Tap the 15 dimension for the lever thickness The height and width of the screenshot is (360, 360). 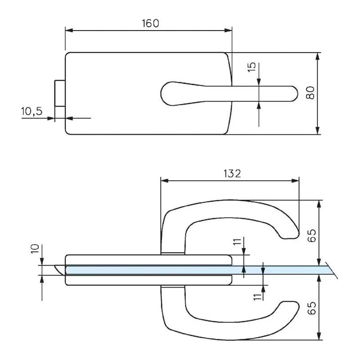pos(252,67)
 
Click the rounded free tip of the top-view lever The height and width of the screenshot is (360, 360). pos(292,94)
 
